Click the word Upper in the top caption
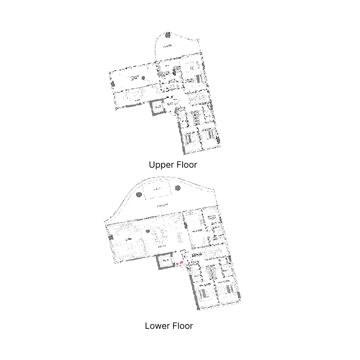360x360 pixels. (160, 165)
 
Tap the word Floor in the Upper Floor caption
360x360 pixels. (186, 165)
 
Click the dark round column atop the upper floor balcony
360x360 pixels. (168, 34)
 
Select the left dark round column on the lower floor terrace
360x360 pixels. (139, 195)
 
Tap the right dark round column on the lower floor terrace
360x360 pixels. (178, 188)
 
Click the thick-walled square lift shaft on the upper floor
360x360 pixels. (158, 107)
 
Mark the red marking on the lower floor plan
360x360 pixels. (180, 263)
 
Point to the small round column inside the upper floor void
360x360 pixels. (143, 78)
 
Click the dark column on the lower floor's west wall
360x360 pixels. (111, 237)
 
